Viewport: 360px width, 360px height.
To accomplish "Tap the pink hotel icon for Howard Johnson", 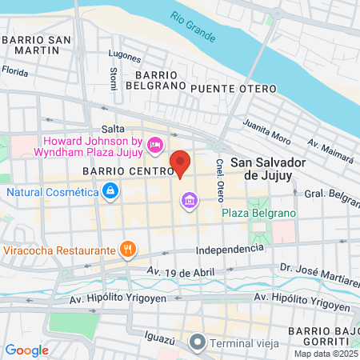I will [155, 145].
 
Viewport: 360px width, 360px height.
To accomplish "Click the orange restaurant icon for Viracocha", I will [126, 250].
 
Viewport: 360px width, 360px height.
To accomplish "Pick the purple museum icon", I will [189, 198].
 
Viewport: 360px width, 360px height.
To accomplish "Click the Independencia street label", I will [228, 249].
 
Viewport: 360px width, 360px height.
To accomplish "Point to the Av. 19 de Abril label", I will [180, 272].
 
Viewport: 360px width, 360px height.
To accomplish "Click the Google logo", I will [26, 350].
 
